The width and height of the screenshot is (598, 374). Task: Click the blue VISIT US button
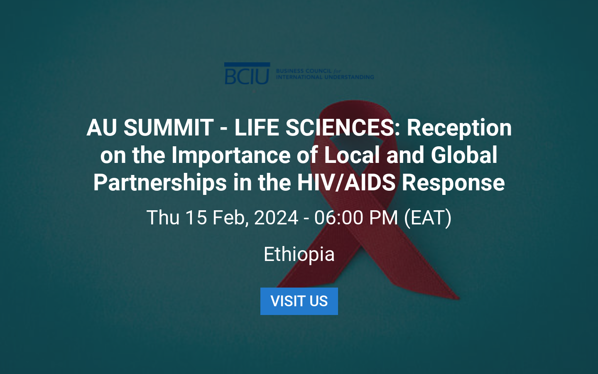click(x=299, y=301)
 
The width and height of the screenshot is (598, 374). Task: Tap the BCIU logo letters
click(x=247, y=75)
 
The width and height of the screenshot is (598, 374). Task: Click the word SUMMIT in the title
click(x=168, y=128)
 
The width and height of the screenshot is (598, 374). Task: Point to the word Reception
click(x=459, y=128)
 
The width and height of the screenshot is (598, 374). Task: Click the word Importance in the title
click(x=231, y=155)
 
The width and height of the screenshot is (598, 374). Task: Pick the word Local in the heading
click(x=352, y=155)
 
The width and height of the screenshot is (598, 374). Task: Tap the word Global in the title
click(x=464, y=155)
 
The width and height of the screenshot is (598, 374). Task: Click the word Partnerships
click(x=160, y=183)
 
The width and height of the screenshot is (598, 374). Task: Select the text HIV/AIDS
click(x=346, y=183)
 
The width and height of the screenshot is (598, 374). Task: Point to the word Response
click(x=453, y=183)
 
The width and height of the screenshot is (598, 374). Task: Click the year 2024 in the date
click(x=276, y=218)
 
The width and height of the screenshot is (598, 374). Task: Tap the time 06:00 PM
click(x=356, y=218)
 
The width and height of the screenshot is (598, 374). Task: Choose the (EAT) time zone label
click(x=428, y=218)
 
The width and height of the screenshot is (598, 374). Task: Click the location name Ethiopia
click(x=299, y=254)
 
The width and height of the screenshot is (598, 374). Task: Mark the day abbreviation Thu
click(x=162, y=218)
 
